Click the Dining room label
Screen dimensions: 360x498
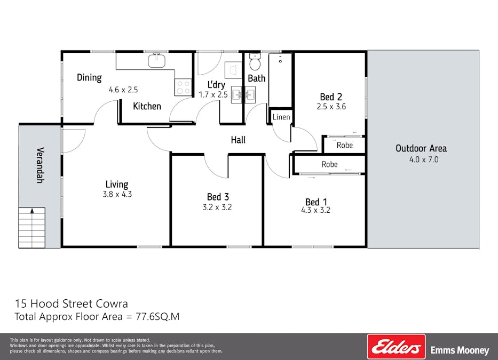point(89,77)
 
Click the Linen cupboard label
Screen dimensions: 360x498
point(281,117)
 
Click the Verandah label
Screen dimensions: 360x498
point(39,165)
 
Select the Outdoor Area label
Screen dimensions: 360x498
point(421,148)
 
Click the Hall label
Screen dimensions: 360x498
point(238,140)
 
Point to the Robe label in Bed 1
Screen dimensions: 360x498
point(329,164)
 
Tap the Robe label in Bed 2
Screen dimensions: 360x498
point(344,145)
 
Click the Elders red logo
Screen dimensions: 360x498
point(396,347)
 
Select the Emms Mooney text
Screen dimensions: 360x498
point(459,350)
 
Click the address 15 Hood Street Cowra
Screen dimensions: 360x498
point(71,304)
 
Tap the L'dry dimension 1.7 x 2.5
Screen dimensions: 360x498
point(213,94)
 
